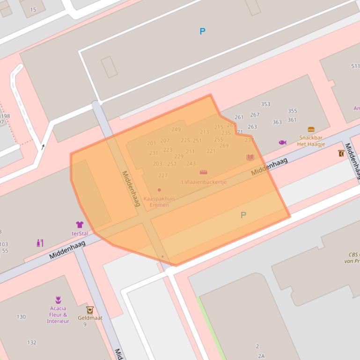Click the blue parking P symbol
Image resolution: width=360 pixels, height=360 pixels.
pyautogui.click(x=202, y=31)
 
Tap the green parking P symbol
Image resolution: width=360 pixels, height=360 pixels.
pyautogui.click(x=243, y=215)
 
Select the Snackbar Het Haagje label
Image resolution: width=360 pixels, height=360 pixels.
pyautogui.click(x=311, y=141)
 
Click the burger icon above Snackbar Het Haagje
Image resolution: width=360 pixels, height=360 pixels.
pyautogui.click(x=311, y=130)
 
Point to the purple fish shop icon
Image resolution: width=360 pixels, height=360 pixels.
pyautogui.click(x=282, y=142)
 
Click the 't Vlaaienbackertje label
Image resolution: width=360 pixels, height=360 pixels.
pyautogui.click(x=204, y=182)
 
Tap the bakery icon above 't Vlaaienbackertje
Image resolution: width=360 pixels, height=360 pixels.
pyautogui.click(x=204, y=172)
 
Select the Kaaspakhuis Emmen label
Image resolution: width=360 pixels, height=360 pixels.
pyautogui.click(x=159, y=202)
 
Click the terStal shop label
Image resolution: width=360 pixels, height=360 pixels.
pyautogui.click(x=80, y=233)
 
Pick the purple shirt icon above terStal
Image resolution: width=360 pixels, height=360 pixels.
pyautogui.click(x=80, y=224)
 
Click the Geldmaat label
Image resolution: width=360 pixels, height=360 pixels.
pyautogui.click(x=90, y=318)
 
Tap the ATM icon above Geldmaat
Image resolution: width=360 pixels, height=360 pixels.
pyautogui.click(x=89, y=310)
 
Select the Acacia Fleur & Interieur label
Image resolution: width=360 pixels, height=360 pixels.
pyautogui.click(x=58, y=315)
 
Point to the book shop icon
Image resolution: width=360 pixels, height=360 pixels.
pyautogui.click(x=250, y=158)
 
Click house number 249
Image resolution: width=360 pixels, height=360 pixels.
pyautogui.click(x=176, y=130)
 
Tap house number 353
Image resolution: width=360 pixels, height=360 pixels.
pyautogui.click(x=265, y=104)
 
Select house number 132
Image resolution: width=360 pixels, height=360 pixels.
pyautogui.click(x=32, y=343)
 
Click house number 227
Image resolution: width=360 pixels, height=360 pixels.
pyautogui.click(x=163, y=175)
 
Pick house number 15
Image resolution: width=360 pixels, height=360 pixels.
pyautogui.click(x=33, y=9)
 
